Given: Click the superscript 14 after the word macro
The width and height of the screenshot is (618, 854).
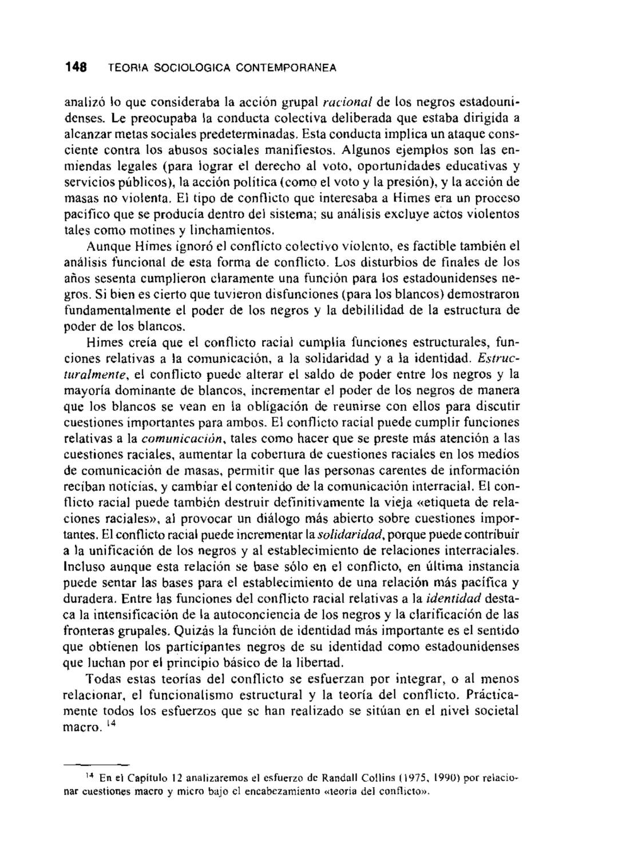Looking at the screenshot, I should [x=111, y=724].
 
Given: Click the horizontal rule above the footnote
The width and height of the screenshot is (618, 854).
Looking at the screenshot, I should [x=96, y=764].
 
